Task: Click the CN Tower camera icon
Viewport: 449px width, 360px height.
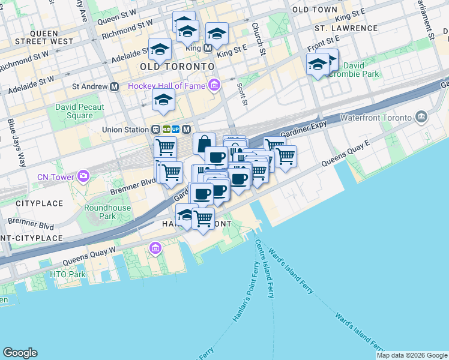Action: point(83,176)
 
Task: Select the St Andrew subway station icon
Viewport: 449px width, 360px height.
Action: point(114,86)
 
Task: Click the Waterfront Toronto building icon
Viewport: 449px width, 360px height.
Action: point(421,116)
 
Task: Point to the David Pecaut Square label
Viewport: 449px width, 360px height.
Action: point(80,111)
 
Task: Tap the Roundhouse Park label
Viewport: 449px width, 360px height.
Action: point(100,211)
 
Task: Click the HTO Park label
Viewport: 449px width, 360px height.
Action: point(68,274)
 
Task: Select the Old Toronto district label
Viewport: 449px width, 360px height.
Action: point(176,65)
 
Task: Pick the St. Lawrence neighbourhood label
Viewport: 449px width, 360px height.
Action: point(346,28)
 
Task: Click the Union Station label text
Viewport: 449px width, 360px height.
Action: point(125,129)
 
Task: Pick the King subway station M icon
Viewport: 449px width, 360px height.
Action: point(208,47)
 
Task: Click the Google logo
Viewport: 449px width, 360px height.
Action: point(20,353)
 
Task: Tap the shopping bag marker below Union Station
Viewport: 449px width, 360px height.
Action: point(204,143)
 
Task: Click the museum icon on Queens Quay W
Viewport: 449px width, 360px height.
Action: point(155,247)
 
